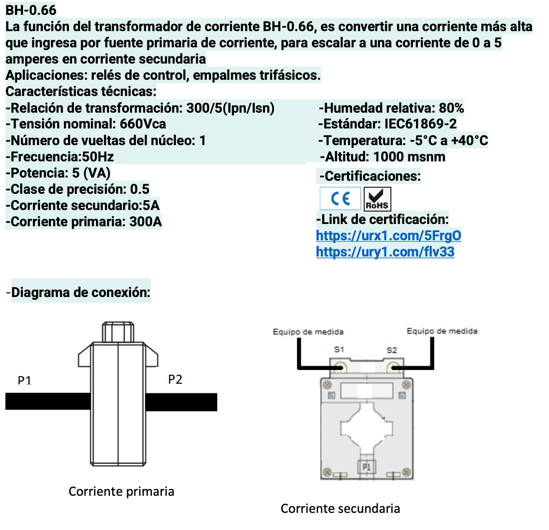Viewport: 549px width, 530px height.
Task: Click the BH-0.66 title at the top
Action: pos(31,10)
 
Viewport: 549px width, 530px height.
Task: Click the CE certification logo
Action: pos(340,199)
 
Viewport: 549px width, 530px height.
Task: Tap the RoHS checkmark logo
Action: pos(377,199)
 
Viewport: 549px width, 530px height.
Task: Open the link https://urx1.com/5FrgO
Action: pos(388,236)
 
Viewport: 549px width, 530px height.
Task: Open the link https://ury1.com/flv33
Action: pos(385,252)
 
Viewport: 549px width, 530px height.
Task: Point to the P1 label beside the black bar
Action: pos(24,381)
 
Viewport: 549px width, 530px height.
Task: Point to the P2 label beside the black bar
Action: pos(175,379)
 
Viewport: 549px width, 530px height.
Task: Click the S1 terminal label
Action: pos(339,350)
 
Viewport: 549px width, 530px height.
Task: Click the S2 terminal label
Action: pos(392,350)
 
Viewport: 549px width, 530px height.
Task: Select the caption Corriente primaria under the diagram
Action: pos(121,491)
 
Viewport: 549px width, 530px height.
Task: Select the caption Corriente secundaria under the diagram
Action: pos(340,508)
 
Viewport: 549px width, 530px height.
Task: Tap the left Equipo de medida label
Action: pos(308,332)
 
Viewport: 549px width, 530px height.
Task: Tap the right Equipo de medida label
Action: pos(442,331)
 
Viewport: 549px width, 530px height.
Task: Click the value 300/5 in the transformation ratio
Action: pos(204,108)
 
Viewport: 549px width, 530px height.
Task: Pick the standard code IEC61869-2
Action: pos(421,124)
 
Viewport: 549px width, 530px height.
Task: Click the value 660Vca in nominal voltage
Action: pos(143,124)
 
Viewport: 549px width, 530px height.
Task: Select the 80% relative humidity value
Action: pos(451,108)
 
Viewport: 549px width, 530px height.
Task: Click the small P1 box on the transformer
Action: pos(366,467)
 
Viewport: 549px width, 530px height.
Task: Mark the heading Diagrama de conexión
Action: pos(80,292)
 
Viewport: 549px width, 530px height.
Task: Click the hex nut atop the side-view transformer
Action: pos(118,332)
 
